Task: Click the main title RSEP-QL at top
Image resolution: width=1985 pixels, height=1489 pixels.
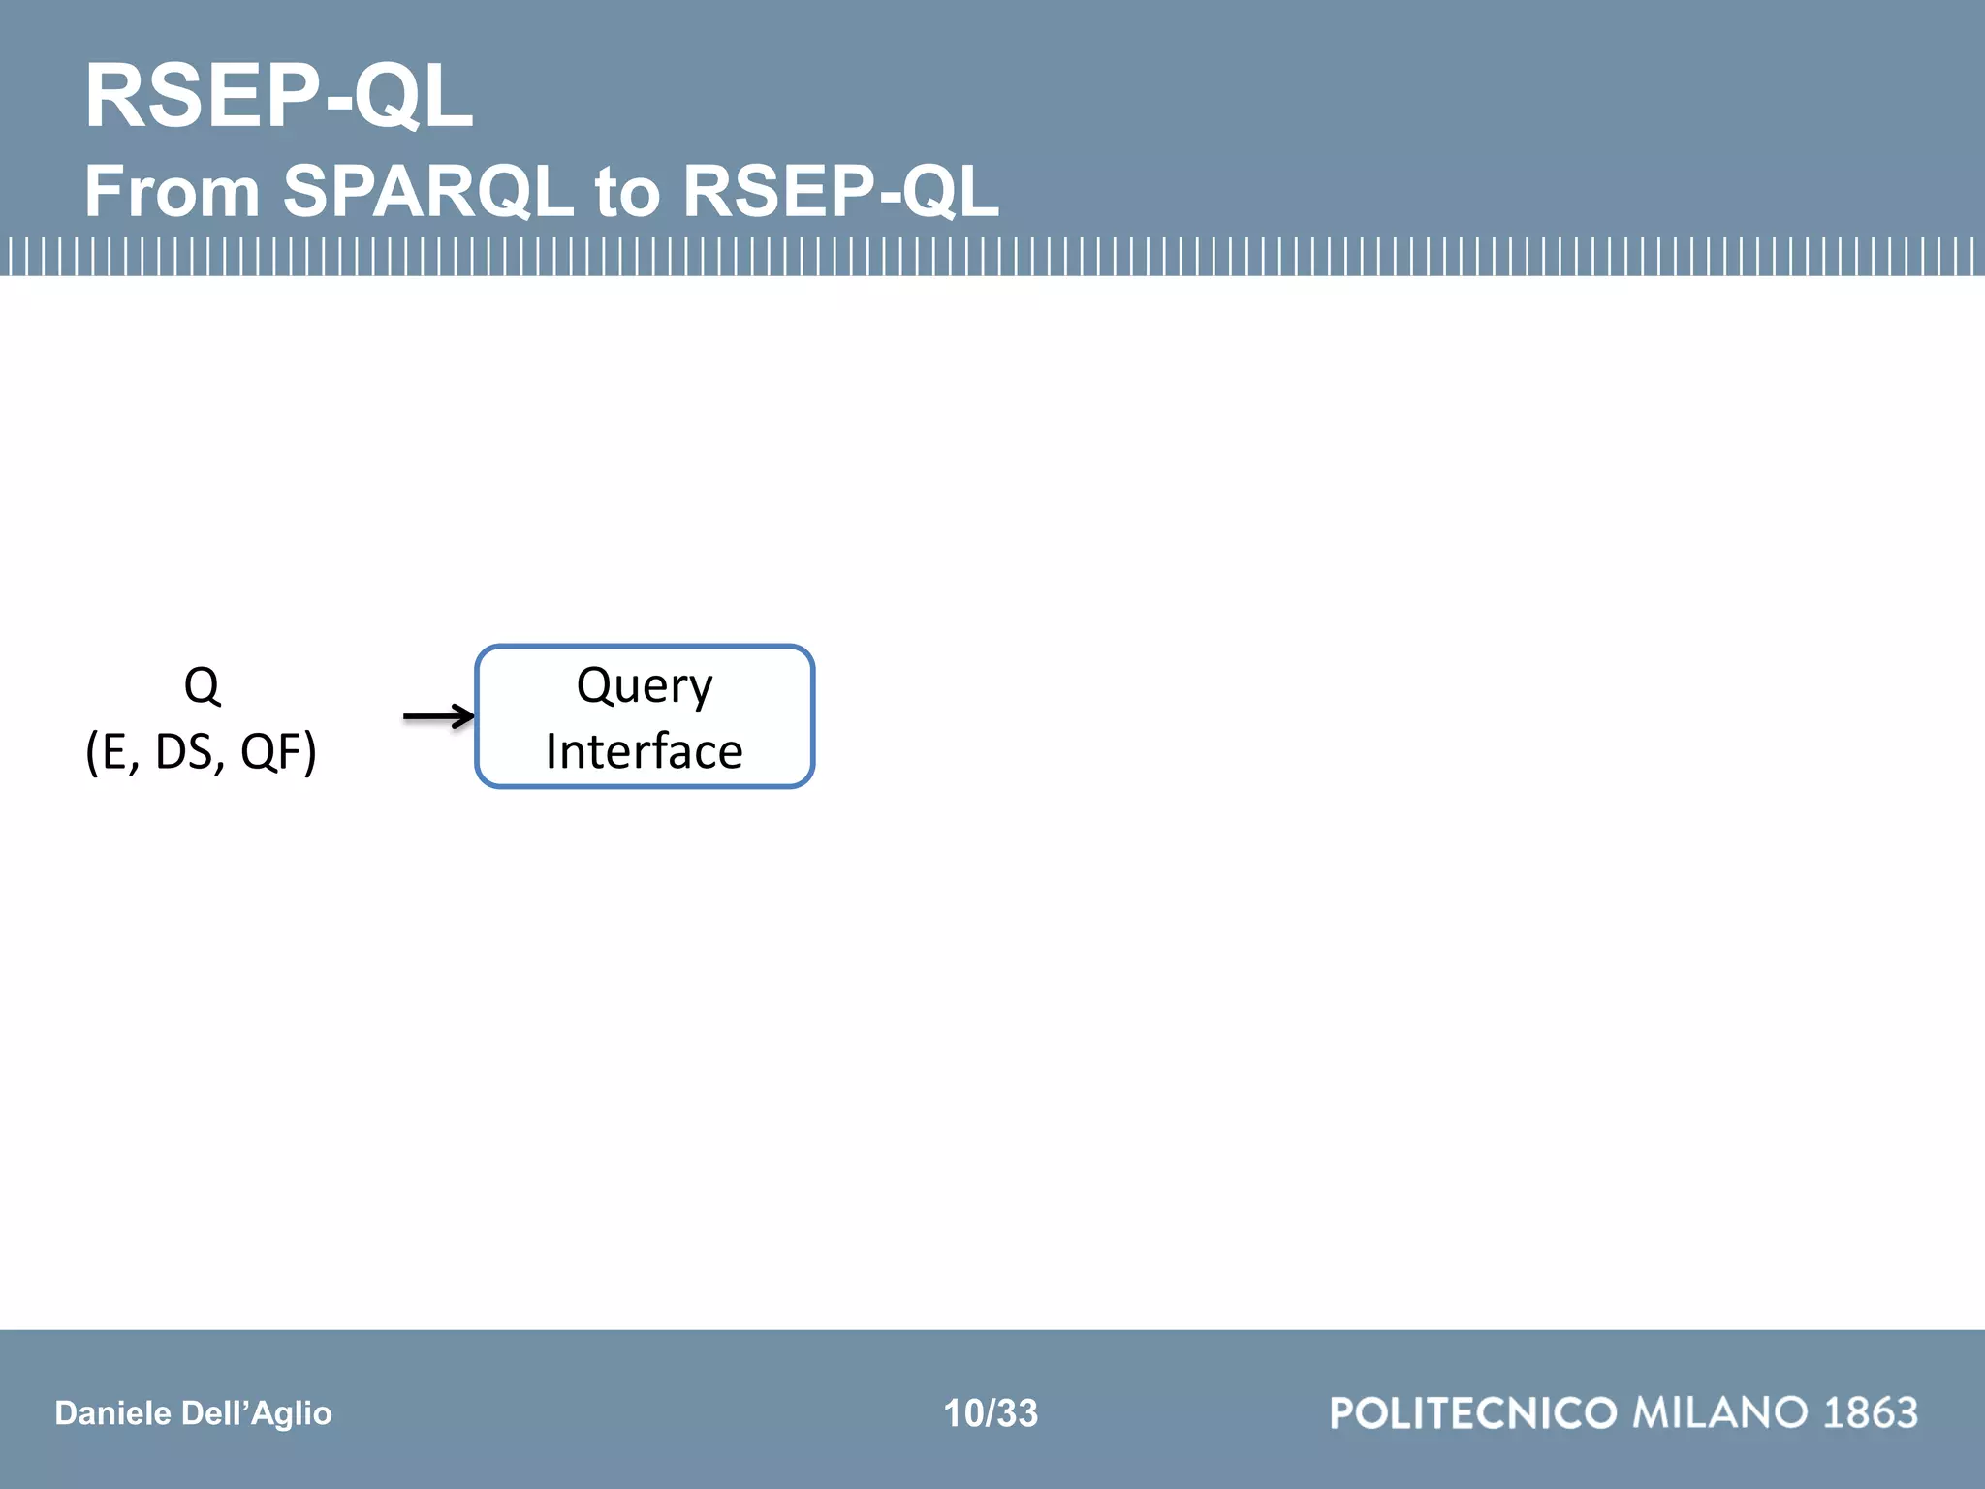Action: (279, 96)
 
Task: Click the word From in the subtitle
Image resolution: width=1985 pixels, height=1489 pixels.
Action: (173, 191)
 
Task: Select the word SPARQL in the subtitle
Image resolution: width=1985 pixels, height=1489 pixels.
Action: (428, 191)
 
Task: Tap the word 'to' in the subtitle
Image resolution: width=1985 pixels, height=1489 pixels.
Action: (627, 191)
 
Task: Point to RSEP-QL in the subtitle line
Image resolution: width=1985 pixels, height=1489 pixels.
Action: (840, 191)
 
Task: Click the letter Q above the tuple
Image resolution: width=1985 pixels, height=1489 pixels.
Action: (202, 686)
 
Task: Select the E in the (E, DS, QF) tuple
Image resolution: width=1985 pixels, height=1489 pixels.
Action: (114, 751)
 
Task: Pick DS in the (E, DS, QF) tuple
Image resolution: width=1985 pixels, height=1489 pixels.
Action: (184, 751)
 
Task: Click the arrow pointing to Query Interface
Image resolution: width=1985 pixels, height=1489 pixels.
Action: (438, 717)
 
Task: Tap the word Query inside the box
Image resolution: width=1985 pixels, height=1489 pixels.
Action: (645, 686)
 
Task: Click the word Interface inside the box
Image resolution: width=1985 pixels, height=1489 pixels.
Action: (645, 751)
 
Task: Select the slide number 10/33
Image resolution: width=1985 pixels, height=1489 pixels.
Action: (991, 1413)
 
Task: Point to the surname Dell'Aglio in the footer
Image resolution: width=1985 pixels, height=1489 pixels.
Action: (256, 1413)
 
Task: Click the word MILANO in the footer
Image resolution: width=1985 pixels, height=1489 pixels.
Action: (1720, 1413)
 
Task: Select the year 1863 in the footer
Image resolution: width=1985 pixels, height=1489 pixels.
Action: (1871, 1413)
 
